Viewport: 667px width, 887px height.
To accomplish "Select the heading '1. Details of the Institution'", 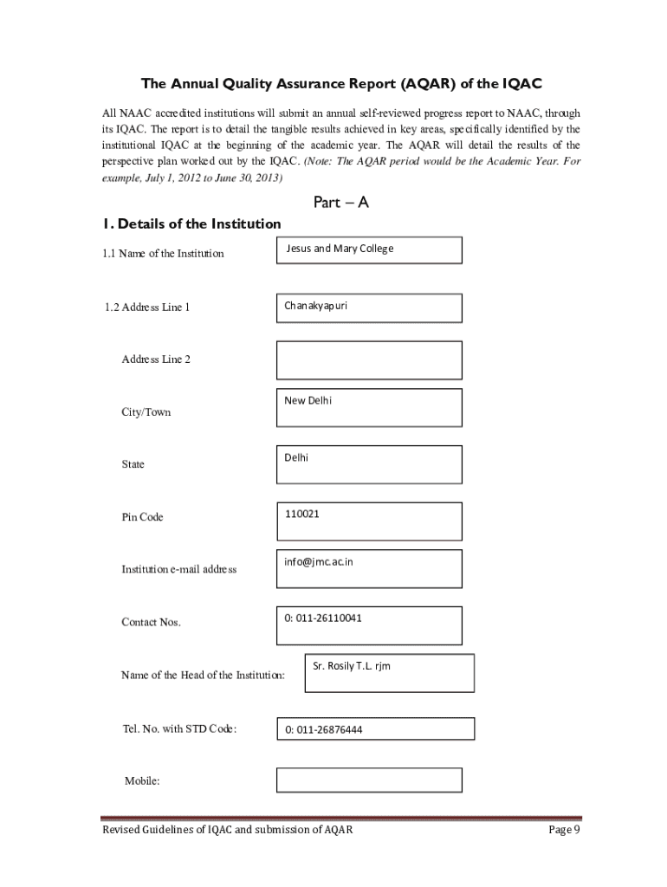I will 191,223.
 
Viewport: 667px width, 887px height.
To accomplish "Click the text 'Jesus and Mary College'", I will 340,249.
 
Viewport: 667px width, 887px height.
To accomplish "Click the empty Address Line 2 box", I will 369,360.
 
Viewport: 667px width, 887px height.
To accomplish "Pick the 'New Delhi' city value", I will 308,400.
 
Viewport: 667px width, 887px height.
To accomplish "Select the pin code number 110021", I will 301,514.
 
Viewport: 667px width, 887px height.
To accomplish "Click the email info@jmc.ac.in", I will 319,561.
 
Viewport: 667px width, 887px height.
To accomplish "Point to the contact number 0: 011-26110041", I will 323,618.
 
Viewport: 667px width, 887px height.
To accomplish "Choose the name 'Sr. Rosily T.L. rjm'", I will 352,666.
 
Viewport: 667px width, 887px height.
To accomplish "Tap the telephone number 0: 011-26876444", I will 324,729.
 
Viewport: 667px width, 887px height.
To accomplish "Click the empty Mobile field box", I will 369,780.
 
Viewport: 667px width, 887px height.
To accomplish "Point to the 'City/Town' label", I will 146,412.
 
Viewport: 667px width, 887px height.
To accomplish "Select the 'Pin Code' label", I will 142,517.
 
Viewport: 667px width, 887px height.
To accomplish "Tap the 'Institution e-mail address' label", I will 178,569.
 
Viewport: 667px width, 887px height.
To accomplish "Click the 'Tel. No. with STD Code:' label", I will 180,728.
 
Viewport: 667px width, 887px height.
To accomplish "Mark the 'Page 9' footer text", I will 563,830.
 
